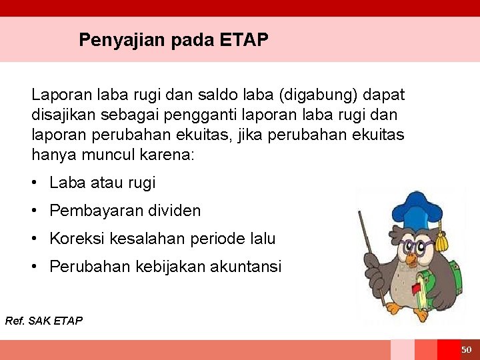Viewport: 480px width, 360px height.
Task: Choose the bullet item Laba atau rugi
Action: tap(102, 183)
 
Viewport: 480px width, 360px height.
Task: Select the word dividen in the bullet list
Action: tap(174, 211)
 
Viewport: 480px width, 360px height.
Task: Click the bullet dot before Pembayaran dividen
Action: tap(35, 211)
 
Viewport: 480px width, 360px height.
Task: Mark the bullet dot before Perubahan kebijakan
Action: tap(35, 267)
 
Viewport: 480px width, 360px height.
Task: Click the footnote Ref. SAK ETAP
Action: tap(44, 321)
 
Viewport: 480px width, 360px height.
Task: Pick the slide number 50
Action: tap(466, 350)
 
